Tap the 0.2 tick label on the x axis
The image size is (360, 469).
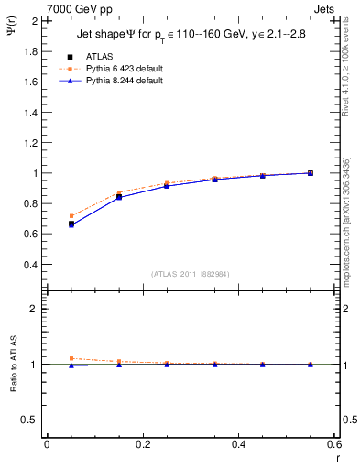coord(142,445)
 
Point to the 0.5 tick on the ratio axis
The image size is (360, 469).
coord(29,420)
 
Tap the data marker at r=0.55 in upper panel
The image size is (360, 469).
coord(311,173)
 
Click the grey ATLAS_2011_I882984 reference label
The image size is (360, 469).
coord(190,274)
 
